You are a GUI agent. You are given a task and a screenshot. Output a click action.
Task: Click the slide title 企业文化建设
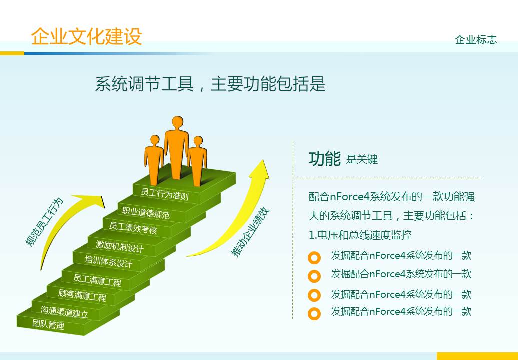[86, 37]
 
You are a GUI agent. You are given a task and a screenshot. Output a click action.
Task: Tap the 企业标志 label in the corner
[476, 40]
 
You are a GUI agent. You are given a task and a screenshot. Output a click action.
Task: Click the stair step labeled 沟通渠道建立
[64, 312]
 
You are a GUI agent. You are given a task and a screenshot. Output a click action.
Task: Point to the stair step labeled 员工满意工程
[97, 280]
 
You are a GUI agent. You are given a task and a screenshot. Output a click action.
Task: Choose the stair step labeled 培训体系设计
[109, 261]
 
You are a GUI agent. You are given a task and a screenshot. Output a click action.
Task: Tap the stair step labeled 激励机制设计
[120, 246]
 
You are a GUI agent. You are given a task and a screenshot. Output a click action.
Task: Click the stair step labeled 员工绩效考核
[133, 228]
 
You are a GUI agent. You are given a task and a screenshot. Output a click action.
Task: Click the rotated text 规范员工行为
[45, 222]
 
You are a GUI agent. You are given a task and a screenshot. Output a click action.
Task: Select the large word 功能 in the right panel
[324, 158]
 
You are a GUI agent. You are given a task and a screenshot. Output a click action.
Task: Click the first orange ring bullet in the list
[314, 258]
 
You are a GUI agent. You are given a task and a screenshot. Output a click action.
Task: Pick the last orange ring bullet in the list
[314, 314]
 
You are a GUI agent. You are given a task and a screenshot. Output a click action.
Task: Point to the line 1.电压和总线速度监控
[360, 235]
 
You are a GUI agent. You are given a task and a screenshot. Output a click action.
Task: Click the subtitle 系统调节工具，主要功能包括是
[210, 84]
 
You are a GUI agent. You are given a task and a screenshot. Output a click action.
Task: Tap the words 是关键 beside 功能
[362, 160]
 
